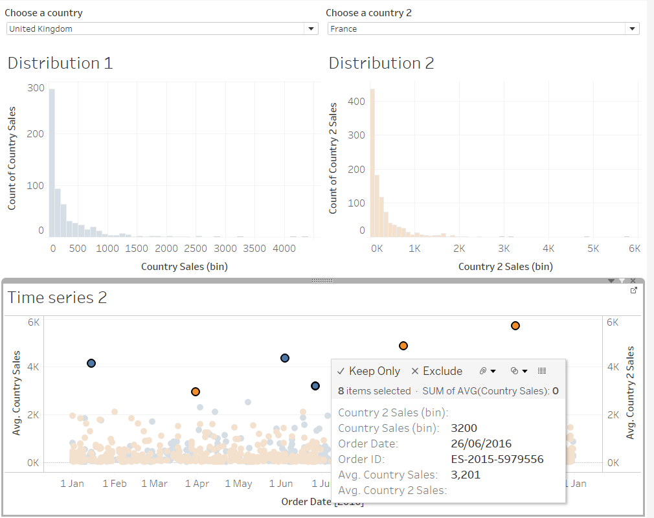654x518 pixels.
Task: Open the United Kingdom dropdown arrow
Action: pyautogui.click(x=311, y=28)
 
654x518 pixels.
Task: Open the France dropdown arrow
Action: pyautogui.click(x=631, y=28)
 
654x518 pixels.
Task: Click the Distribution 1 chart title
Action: pyautogui.click(x=60, y=63)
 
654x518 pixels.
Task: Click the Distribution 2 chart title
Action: pyautogui.click(x=381, y=63)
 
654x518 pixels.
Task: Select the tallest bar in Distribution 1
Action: pyautogui.click(x=52, y=162)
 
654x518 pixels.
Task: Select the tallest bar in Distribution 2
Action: pyautogui.click(x=372, y=162)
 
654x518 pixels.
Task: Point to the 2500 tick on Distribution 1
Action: pyautogui.click(x=196, y=249)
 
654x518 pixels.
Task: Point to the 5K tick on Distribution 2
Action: pyautogui.click(x=592, y=249)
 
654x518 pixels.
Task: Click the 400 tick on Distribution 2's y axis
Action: pyautogui.click(x=357, y=101)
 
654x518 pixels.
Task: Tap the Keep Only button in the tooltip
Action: pyautogui.click(x=369, y=371)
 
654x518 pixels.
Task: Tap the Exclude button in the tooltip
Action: pyautogui.click(x=436, y=371)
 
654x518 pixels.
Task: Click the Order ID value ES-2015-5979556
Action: pyautogui.click(x=497, y=459)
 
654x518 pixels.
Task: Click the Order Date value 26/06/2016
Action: pyautogui.click(x=481, y=444)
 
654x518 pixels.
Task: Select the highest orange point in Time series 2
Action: pyautogui.click(x=515, y=326)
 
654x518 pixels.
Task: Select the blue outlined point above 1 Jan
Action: pyautogui.click(x=91, y=363)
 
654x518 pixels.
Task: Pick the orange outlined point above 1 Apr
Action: pyautogui.click(x=196, y=392)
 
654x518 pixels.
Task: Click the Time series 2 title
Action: pyautogui.click(x=57, y=297)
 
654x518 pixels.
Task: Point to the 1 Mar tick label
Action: pyautogui.click(x=154, y=484)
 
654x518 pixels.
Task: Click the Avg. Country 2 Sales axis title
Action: pyautogui.click(x=630, y=392)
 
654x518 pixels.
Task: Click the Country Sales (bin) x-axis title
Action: pyautogui.click(x=184, y=266)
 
